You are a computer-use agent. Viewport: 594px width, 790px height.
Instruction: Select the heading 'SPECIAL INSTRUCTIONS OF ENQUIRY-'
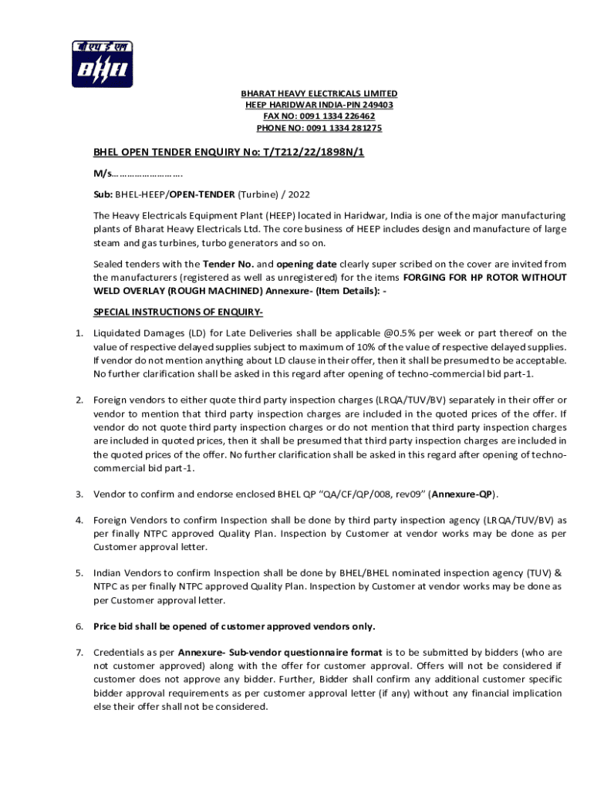pos(178,312)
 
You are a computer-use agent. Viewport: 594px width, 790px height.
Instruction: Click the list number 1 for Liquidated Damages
pos(79,333)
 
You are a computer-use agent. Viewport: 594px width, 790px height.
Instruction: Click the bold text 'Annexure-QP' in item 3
pos(462,494)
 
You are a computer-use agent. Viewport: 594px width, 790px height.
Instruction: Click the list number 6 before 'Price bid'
pos(79,626)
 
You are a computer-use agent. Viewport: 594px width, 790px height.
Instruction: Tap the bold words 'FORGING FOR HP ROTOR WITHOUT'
pos(485,278)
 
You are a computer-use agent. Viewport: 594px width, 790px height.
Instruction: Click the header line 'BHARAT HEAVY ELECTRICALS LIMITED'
pos(319,93)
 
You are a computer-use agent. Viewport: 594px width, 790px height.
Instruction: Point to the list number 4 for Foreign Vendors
pos(79,520)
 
